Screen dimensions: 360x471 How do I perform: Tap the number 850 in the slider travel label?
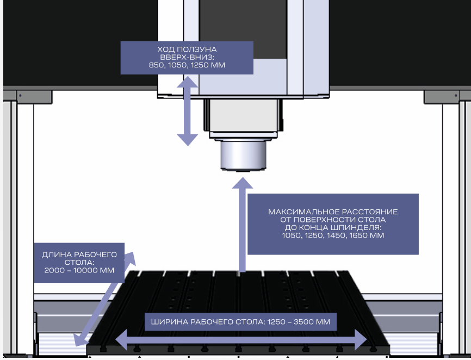(156, 65)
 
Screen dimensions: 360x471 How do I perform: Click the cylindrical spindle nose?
(243, 156)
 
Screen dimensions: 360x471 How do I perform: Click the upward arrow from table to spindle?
(241, 223)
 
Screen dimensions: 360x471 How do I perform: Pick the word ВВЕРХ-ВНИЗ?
(187, 57)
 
